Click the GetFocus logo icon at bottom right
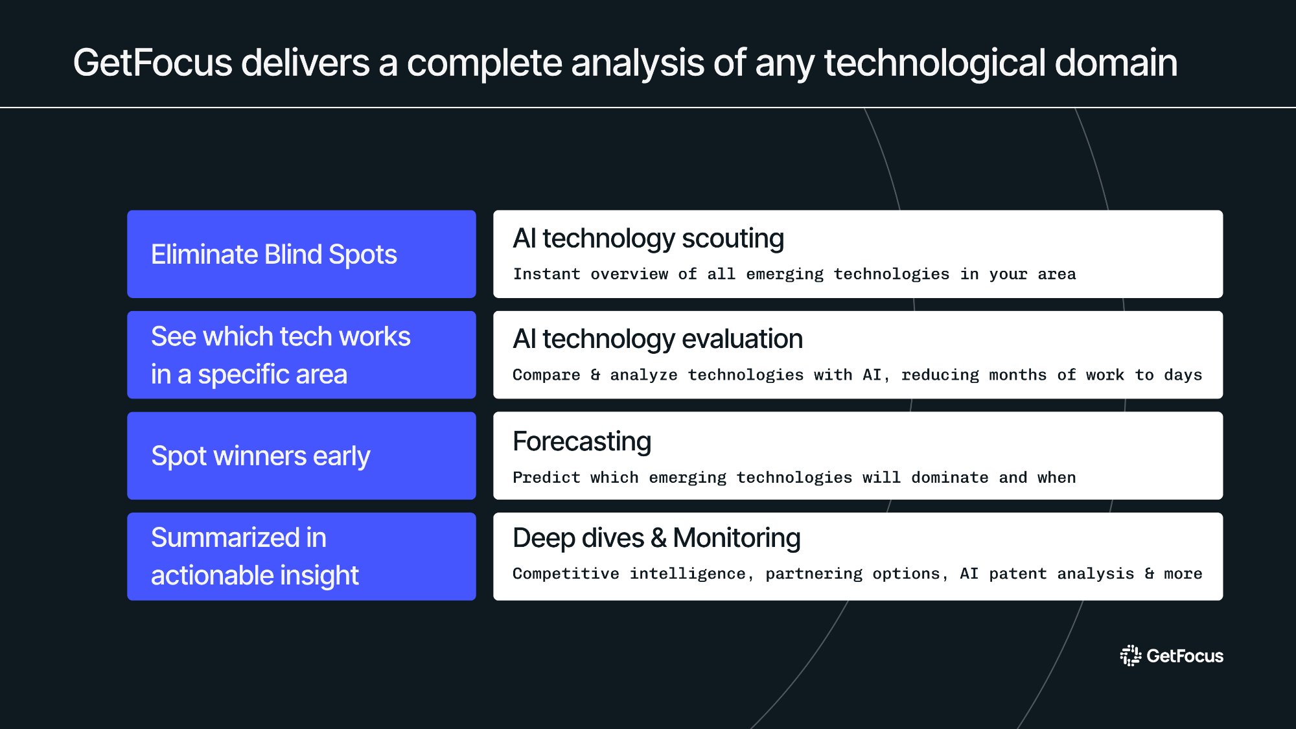1130,656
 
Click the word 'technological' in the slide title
934,63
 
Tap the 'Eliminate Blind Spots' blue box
301,254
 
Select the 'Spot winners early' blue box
301,456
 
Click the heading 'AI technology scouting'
648,238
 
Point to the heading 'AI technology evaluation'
657,339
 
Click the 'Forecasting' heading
581,441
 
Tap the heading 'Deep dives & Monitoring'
656,538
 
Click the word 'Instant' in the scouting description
546,274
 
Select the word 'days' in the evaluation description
1183,375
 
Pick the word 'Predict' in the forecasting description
546,478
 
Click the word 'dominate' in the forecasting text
949,478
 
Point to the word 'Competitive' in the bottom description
565,573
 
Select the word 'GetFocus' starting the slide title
152,63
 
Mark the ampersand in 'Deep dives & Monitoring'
658,538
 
